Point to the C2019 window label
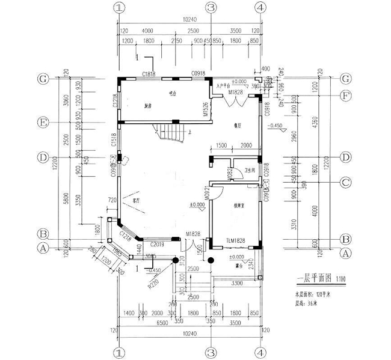pyautogui.click(x=157, y=244)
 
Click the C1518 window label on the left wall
pyautogui.click(x=114, y=141)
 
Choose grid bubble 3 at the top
pyautogui.click(x=211, y=8)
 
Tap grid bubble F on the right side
pyautogui.click(x=345, y=95)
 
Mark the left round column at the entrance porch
pyautogui.click(x=179, y=260)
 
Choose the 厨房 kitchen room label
pyautogui.click(x=147, y=106)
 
